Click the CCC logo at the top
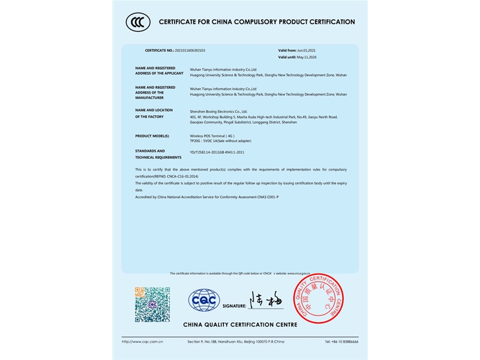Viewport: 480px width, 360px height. point(137,22)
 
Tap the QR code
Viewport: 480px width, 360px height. point(152,304)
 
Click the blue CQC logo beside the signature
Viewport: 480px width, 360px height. point(204,300)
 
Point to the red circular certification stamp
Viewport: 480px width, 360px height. point(318,298)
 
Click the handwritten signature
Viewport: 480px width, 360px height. point(266,299)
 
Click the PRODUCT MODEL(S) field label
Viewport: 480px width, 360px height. point(152,136)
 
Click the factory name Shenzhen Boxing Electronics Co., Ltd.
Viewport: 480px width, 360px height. point(218,111)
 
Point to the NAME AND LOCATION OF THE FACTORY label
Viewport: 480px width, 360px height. point(155,113)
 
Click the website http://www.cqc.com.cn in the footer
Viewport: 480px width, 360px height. point(142,341)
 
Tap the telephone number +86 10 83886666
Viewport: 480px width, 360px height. point(341,341)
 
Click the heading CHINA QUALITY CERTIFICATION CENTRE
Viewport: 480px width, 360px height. point(240,325)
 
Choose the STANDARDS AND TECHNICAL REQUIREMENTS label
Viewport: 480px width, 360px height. point(158,154)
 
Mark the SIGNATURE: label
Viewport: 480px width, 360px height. point(234,306)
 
